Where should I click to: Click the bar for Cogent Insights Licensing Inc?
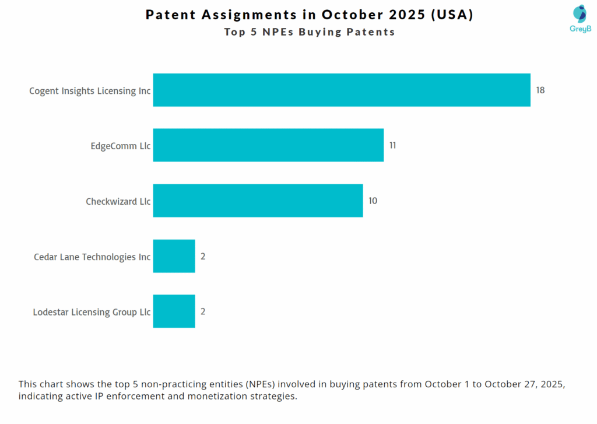tap(342, 90)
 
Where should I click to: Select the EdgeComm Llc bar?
tap(268, 145)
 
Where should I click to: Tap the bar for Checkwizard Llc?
tap(258, 201)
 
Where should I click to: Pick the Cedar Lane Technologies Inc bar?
tap(174, 256)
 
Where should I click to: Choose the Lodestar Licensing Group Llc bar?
tap(174, 311)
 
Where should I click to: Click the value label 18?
tap(540, 90)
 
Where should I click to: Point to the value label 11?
tap(392, 145)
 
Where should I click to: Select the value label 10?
tap(373, 201)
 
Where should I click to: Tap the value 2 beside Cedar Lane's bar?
tap(203, 256)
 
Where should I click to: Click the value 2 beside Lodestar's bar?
tap(203, 311)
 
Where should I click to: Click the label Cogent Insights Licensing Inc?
tap(90, 91)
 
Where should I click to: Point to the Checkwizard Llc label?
tap(118, 201)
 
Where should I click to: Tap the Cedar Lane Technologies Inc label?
tap(92, 257)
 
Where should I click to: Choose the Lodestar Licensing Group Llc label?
tap(92, 312)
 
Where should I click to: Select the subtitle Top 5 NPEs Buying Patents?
tap(310, 32)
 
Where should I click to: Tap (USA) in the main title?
tap(452, 15)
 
